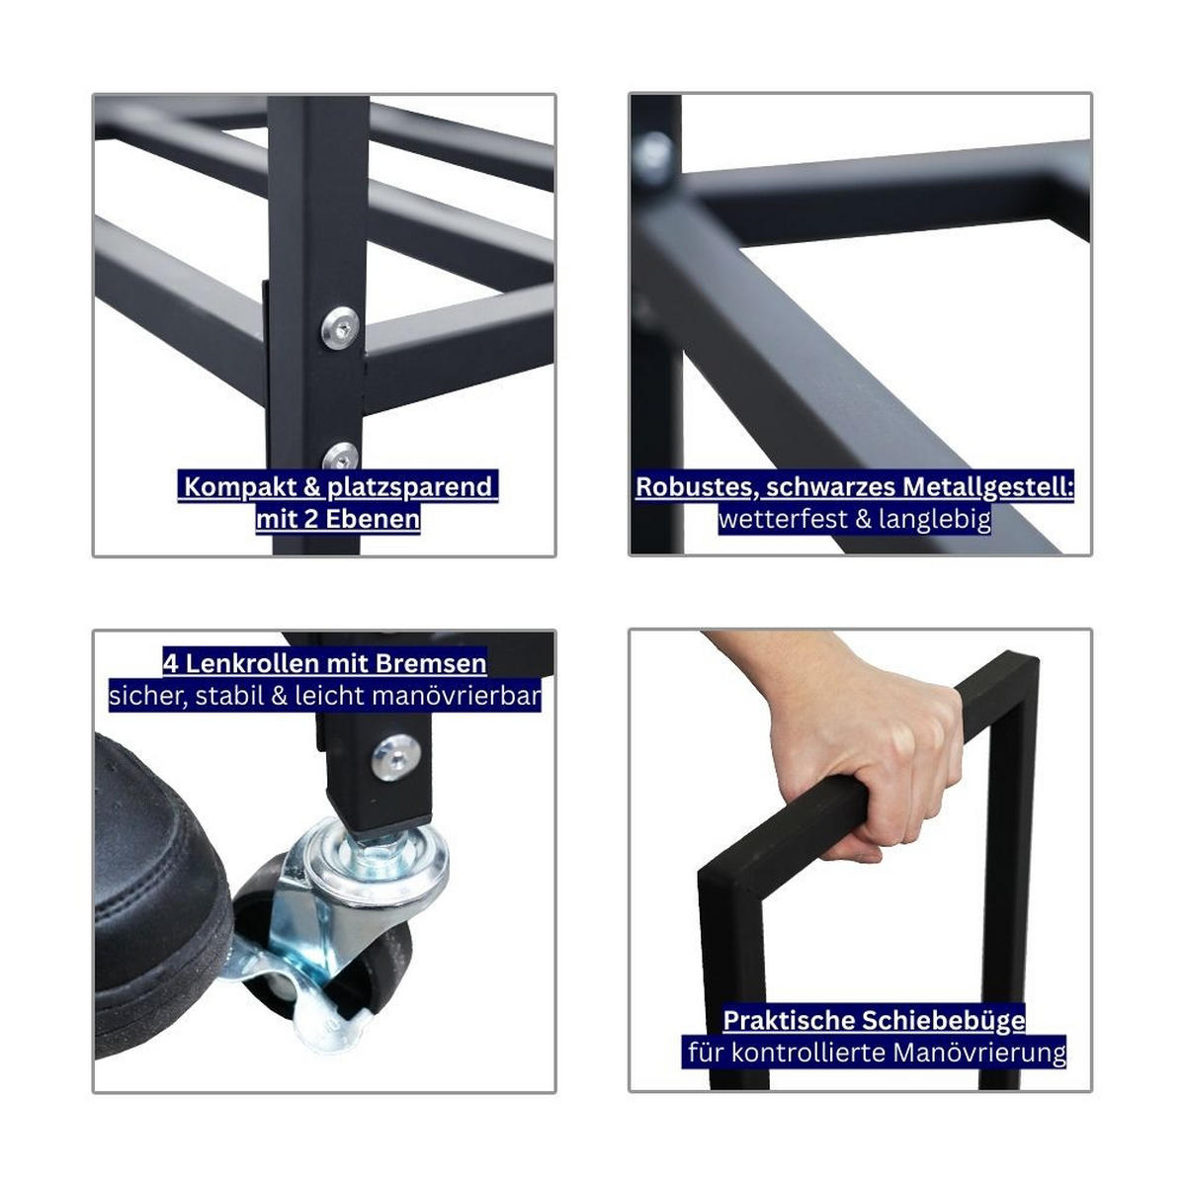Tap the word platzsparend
point(410,487)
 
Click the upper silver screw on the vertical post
point(340,328)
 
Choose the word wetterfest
point(783,520)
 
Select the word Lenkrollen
point(252,664)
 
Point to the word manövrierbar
point(457,696)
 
